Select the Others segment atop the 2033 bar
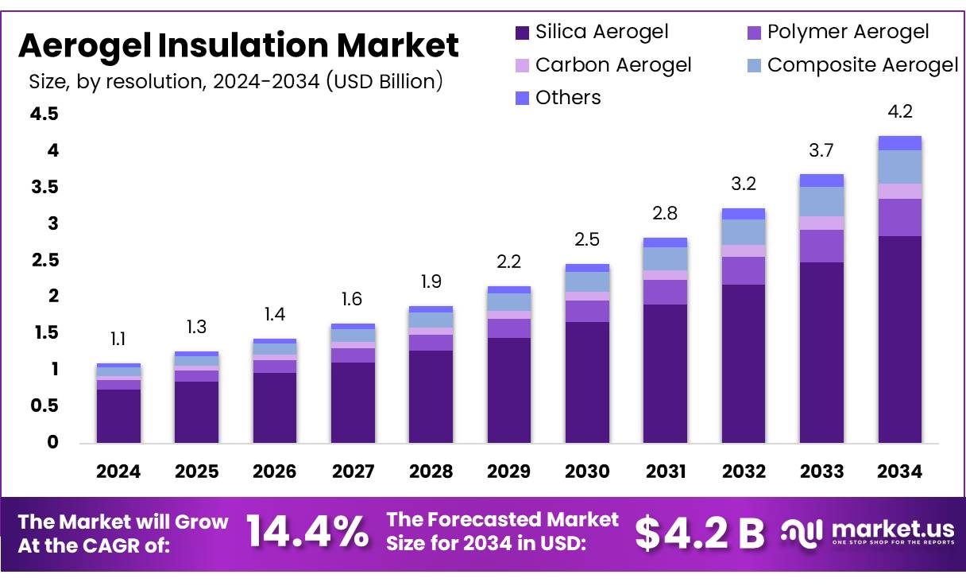click(821, 180)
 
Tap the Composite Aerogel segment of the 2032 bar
click(744, 232)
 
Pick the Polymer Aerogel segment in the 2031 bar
click(665, 292)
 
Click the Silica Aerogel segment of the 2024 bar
click(118, 416)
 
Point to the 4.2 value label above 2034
click(899, 112)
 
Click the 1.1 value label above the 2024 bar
click(118, 340)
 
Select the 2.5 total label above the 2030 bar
click(587, 240)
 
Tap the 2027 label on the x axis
click(353, 472)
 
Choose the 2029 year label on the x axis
click(509, 472)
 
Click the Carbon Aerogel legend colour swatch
click(522, 65)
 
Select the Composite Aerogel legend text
click(863, 64)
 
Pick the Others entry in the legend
click(568, 98)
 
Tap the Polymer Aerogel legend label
click(848, 32)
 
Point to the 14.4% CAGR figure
click(307, 532)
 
